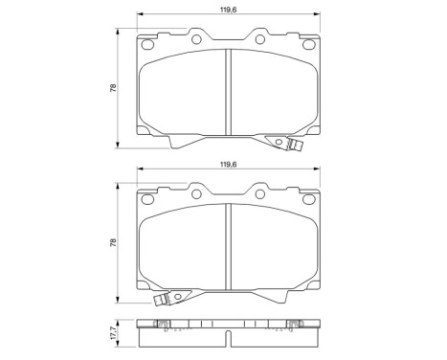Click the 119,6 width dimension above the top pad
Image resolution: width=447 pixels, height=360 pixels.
tap(228, 10)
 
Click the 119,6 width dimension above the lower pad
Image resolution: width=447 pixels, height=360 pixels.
tap(228, 165)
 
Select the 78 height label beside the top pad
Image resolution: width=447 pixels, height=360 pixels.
tap(113, 88)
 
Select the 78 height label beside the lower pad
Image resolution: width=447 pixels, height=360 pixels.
tap(113, 243)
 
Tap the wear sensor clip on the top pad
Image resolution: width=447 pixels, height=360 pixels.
tap(295, 145)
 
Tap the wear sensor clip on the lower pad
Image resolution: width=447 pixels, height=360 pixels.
tap(162, 300)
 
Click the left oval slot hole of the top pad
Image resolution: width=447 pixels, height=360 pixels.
tap(147, 44)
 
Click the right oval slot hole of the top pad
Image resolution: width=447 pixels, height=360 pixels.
tap(308, 44)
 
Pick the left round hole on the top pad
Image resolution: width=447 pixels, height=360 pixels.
tap(196, 39)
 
